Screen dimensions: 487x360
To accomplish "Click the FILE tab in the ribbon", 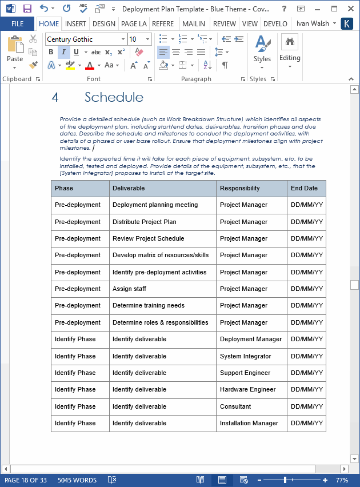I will click(17, 24).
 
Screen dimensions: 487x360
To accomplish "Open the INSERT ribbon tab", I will click(75, 24).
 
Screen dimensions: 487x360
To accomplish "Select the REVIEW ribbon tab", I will click(224, 24).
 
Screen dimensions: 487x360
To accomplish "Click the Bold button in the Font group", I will click(50, 52).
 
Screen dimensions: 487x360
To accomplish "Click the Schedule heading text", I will click(114, 97).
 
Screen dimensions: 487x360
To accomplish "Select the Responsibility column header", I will click(240, 188).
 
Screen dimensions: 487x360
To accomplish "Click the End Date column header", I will click(304, 188).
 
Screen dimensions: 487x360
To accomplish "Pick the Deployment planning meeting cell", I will click(155, 205).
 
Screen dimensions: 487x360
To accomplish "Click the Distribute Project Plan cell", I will click(144, 222).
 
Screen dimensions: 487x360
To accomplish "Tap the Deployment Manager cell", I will click(251, 339).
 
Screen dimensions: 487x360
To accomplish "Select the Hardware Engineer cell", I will click(248, 390).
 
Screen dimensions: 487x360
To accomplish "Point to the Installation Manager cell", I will click(249, 423).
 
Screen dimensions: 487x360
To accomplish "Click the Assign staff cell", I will click(129, 289).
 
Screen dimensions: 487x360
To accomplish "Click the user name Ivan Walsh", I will click(313, 24).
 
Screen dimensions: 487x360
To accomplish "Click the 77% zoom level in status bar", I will click(342, 480).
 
